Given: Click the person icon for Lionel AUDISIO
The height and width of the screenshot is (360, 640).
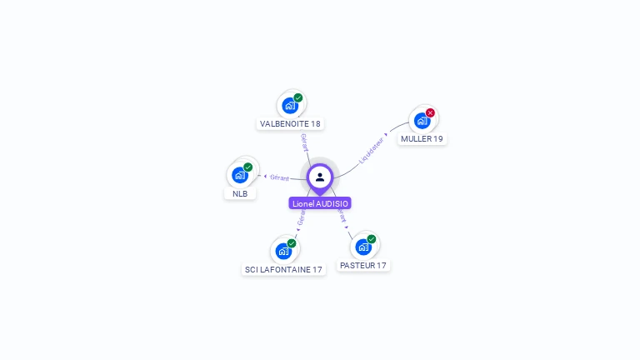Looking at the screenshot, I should (320, 177).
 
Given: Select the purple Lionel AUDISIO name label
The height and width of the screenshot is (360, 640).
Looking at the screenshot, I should (320, 203).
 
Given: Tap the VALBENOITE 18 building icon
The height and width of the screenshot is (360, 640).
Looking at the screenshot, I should (289, 106).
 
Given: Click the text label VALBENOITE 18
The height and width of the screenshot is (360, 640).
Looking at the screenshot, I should (290, 123).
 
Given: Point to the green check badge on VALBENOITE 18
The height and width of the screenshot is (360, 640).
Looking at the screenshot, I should (298, 97).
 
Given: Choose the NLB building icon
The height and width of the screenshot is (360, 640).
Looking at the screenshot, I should (240, 175).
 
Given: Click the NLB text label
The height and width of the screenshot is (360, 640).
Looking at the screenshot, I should (240, 193).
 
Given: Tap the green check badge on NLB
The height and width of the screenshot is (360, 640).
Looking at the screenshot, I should (248, 167).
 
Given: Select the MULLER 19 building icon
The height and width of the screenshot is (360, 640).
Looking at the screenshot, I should (422, 121).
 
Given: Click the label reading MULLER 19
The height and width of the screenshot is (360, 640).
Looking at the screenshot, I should (422, 139).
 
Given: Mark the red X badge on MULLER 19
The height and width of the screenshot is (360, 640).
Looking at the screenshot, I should (430, 112).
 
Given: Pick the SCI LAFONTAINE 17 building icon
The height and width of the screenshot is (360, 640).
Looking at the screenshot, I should (283, 251).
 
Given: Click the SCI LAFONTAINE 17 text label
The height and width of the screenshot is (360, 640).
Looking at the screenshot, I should (283, 270).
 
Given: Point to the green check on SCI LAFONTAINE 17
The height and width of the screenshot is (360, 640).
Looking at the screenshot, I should (292, 242).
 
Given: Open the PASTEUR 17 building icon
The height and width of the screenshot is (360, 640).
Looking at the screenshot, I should (362, 247).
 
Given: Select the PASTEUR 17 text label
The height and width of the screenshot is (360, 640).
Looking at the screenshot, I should (363, 265).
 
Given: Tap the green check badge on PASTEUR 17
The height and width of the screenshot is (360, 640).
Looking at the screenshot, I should (372, 239).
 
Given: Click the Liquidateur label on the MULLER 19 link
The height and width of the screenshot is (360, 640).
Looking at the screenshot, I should (372, 150).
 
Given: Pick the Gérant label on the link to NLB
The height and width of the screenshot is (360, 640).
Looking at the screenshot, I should (279, 177).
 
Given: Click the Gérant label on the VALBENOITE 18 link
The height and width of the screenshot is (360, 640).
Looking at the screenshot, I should (304, 142).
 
